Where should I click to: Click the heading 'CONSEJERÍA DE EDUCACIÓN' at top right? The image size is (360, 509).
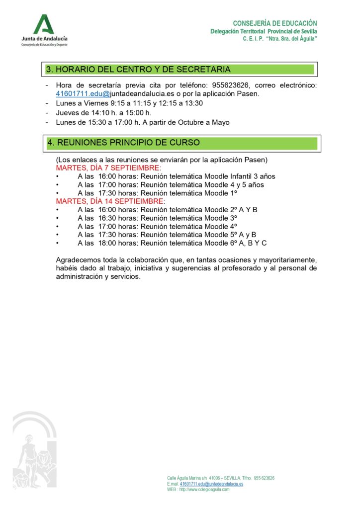click(x=275, y=23)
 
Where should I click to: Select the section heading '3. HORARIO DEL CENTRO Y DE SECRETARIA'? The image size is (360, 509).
click(x=138, y=70)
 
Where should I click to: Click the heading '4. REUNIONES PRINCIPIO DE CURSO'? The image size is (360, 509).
click(x=124, y=143)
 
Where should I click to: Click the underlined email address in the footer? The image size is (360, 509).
click(x=211, y=484)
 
